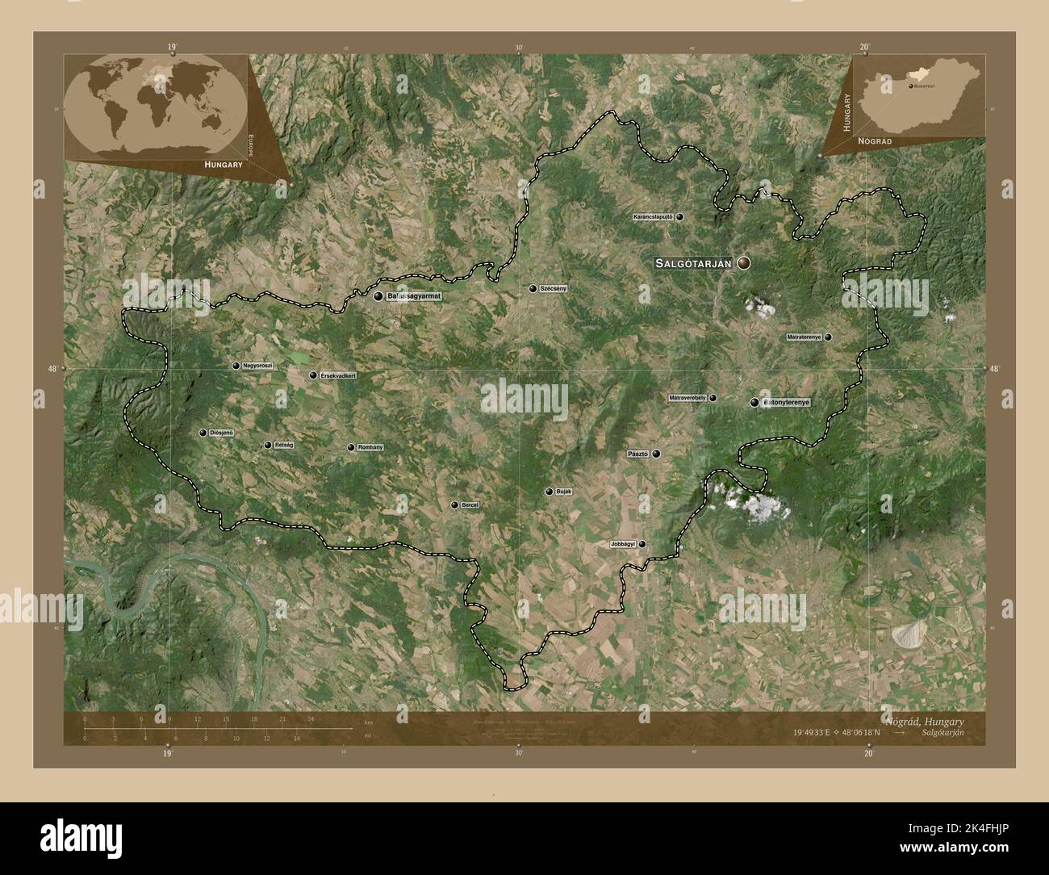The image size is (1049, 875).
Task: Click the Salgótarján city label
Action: point(693,263)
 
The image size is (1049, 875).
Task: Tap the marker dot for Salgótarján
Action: point(742,263)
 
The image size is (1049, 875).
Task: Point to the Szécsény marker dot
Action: point(533,289)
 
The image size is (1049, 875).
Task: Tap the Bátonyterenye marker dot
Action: point(754,402)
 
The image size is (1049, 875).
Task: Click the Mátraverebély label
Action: point(687,398)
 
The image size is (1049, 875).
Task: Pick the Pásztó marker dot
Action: point(657,454)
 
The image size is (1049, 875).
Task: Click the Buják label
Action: point(563,492)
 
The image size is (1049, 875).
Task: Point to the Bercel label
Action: point(470,505)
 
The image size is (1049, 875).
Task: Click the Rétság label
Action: point(282,445)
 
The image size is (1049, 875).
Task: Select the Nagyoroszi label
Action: point(257,366)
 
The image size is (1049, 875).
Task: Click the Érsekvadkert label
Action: point(338,375)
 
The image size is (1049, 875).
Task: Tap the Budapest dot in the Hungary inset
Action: point(910,85)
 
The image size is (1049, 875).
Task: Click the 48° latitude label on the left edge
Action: point(53,369)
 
